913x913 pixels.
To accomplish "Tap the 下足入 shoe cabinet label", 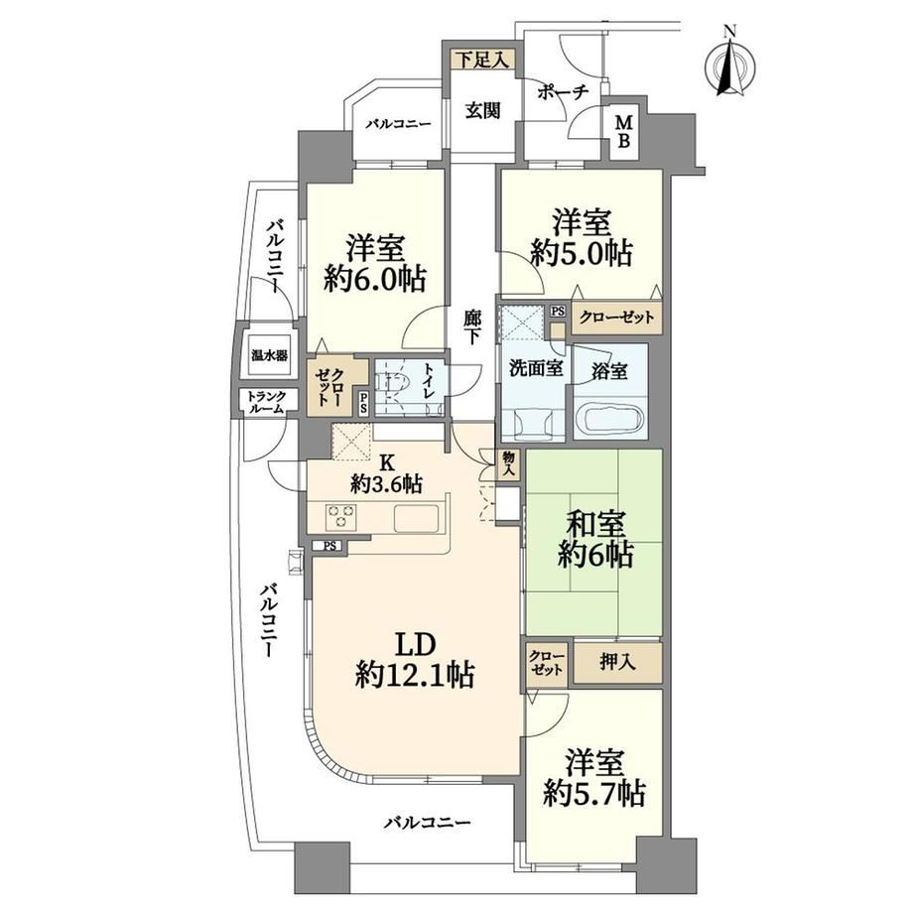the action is click(482, 60).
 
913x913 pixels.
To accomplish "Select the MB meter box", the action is click(623, 132).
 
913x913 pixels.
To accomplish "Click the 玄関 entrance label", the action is click(482, 109).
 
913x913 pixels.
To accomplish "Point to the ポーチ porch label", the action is click(563, 92).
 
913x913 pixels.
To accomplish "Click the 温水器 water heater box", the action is click(269, 354).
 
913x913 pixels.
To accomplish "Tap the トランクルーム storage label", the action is click(266, 402).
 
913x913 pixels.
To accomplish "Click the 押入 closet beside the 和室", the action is click(617, 662).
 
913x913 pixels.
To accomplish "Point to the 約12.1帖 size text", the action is click(415, 676).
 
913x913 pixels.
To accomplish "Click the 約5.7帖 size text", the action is click(593, 793).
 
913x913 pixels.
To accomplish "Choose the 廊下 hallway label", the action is click(471, 327).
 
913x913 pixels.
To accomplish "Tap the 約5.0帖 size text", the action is click(582, 254).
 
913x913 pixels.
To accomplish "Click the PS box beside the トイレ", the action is click(363, 403).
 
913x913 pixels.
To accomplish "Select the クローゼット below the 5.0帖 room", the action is click(616, 318).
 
